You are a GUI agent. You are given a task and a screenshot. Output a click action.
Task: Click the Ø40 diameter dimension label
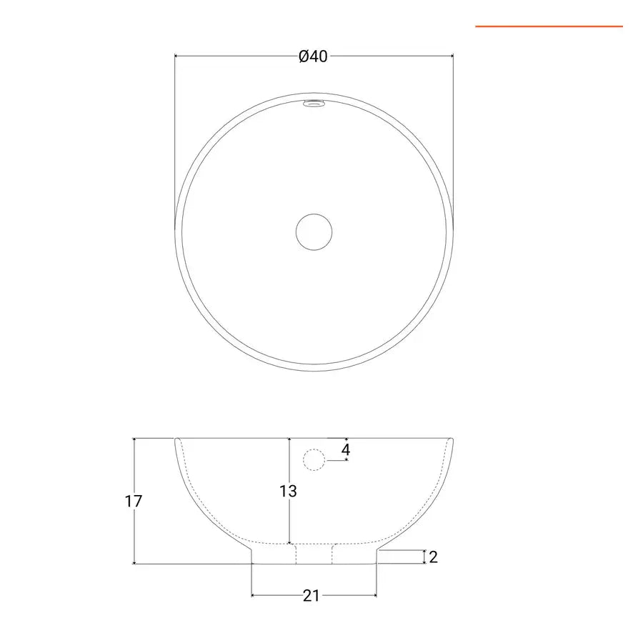(313, 56)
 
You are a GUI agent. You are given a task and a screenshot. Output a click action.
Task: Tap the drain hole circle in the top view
(314, 232)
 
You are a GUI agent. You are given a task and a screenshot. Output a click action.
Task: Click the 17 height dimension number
(134, 501)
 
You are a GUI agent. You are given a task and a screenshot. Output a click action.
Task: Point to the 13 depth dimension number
(288, 492)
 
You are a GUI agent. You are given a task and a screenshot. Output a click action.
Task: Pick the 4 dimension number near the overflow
(346, 450)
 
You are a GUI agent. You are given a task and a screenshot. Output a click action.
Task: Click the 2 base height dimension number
(433, 557)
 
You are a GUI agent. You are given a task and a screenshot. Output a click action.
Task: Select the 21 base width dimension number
(311, 595)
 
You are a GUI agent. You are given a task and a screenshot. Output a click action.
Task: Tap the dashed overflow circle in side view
(314, 459)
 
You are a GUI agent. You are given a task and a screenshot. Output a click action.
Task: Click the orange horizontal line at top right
(549, 26)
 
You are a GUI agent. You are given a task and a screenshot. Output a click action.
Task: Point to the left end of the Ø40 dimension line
(176, 55)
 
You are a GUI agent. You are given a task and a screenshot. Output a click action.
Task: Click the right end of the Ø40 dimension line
(453, 55)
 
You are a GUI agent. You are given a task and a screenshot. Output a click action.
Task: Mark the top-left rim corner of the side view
(176, 439)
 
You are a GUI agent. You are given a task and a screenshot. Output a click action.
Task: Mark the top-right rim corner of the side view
(453, 439)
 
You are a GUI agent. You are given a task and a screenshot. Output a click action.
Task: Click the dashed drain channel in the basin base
(314, 554)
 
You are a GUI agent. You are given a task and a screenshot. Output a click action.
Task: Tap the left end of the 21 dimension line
(252, 594)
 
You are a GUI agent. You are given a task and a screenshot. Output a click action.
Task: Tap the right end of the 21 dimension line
(377, 594)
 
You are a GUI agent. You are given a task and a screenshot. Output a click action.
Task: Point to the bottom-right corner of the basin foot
(377, 564)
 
